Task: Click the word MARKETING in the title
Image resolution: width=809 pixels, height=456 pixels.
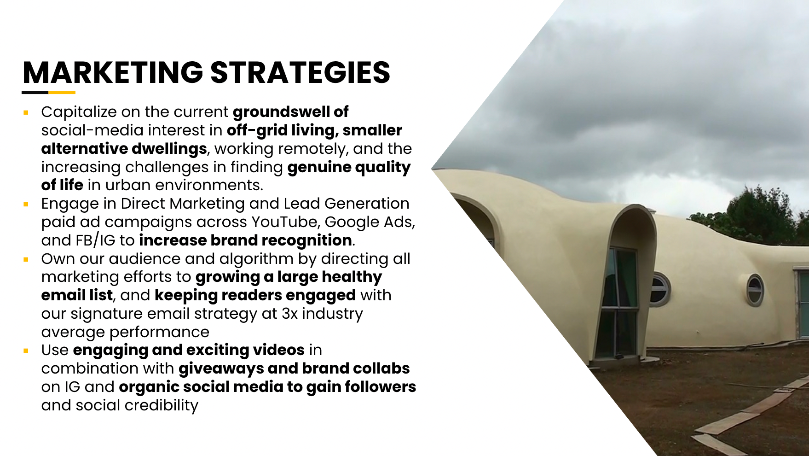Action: click(x=113, y=72)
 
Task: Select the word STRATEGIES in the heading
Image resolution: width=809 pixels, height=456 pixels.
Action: click(x=300, y=72)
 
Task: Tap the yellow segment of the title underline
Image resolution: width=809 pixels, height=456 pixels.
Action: click(x=62, y=93)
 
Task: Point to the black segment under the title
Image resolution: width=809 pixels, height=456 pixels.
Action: click(x=35, y=93)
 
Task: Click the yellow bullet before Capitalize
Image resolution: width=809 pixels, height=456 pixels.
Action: click(x=26, y=112)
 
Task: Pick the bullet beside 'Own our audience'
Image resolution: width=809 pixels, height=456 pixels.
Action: click(x=26, y=259)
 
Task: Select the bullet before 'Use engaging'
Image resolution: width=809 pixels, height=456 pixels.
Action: click(x=26, y=351)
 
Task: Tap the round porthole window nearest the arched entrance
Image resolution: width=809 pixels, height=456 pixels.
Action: click(x=659, y=289)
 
